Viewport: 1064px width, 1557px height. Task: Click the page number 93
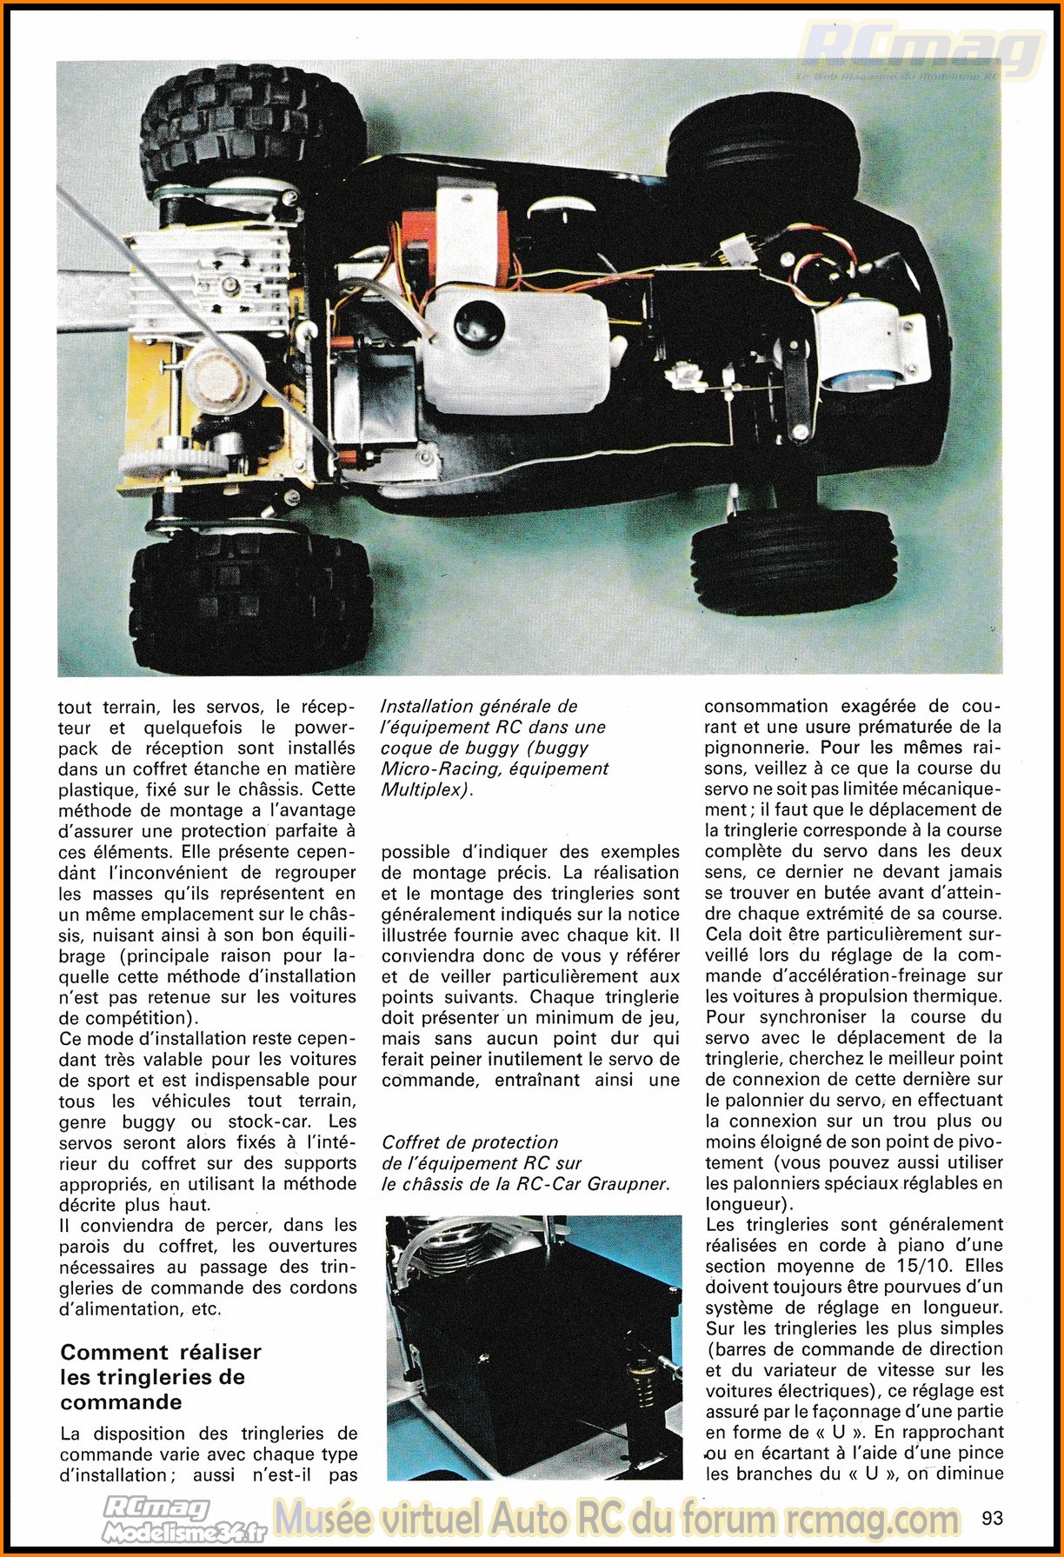(x=991, y=1518)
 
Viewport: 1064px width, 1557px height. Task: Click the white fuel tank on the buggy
(x=513, y=348)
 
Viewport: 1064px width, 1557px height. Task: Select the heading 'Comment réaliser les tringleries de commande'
(x=161, y=1377)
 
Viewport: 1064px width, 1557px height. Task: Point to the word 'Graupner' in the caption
(x=628, y=1184)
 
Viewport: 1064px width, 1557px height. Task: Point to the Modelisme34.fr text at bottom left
(x=184, y=1533)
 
